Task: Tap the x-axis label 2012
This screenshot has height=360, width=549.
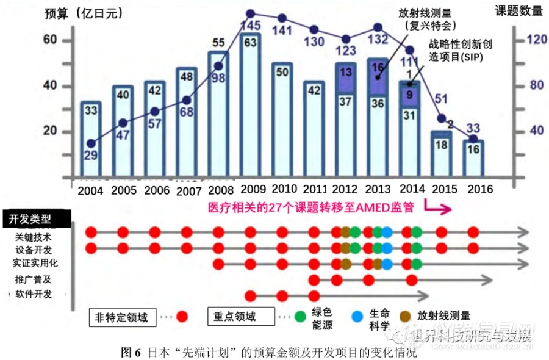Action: pyautogui.click(x=345, y=189)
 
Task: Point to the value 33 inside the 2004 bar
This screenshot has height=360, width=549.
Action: pyautogui.click(x=91, y=111)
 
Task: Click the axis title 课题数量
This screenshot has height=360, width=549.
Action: pyautogui.click(x=518, y=11)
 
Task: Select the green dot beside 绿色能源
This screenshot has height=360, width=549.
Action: pyautogui.click(x=300, y=317)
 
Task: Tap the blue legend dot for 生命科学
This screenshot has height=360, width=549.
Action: pyautogui.click(x=357, y=317)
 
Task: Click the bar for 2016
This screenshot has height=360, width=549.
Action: pyautogui.click(x=473, y=157)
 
